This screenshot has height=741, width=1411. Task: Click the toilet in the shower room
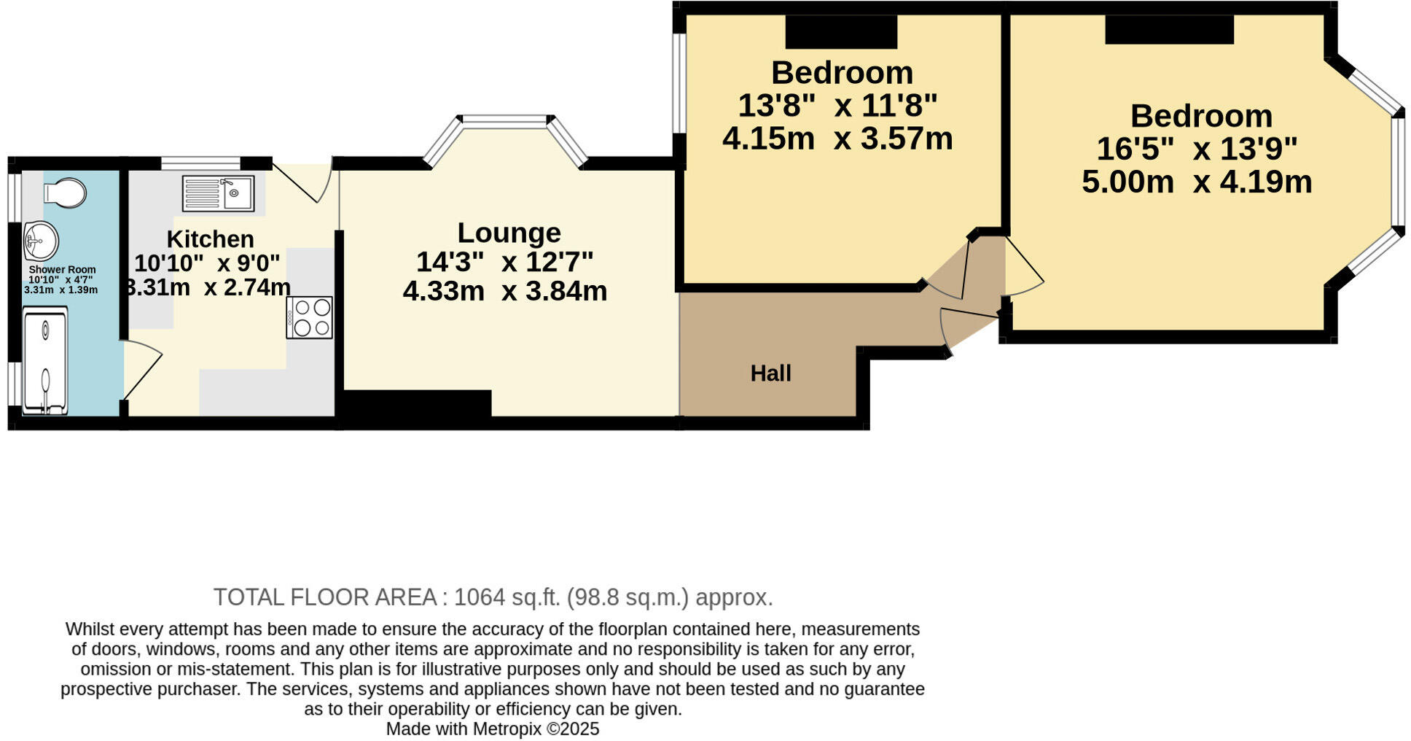click(x=64, y=193)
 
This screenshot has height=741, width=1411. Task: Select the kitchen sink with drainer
click(x=218, y=194)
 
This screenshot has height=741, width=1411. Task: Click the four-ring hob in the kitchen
click(x=310, y=317)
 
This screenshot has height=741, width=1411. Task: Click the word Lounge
click(x=509, y=233)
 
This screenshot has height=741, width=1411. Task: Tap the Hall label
click(x=770, y=373)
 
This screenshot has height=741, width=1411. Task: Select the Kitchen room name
click(x=210, y=239)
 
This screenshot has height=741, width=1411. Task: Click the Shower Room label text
click(x=62, y=270)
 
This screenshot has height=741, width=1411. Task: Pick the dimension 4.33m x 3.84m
click(x=504, y=291)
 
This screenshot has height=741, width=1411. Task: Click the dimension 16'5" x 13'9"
click(x=1197, y=149)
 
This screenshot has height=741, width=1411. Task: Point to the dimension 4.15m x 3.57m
click(x=837, y=139)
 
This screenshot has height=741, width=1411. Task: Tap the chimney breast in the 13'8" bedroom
click(x=840, y=31)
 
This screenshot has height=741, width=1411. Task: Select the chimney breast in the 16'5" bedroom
click(x=1169, y=29)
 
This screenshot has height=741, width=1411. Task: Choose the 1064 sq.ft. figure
click(x=507, y=597)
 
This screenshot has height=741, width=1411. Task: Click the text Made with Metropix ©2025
click(x=493, y=729)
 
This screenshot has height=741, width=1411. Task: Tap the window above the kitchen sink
click(x=200, y=163)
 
